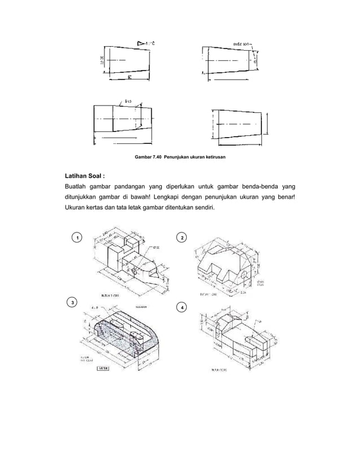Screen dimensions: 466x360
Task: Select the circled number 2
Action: tap(181, 238)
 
